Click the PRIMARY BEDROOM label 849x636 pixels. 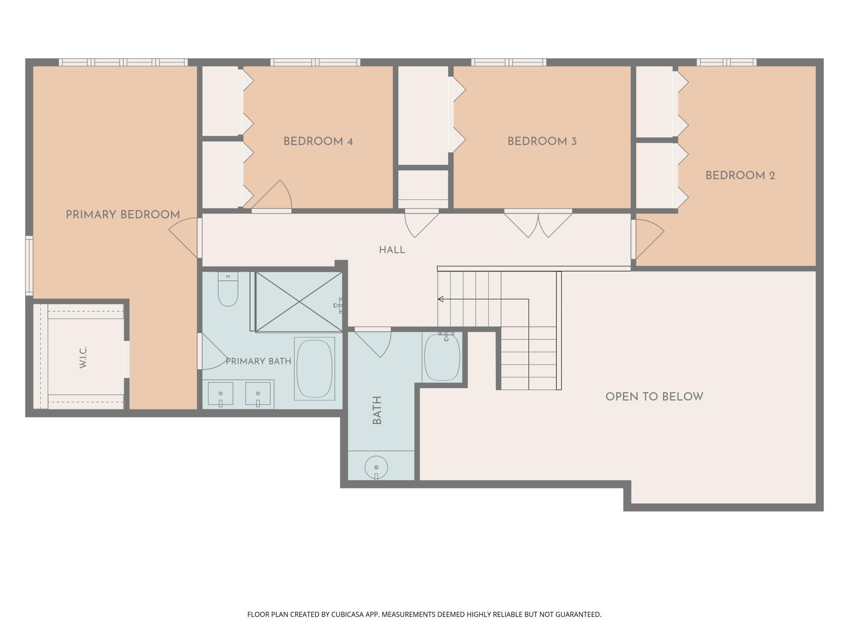coord(123,215)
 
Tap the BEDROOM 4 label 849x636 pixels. coord(318,141)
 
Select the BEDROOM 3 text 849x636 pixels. coord(542,141)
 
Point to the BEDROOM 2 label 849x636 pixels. coord(740,176)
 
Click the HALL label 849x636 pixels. coord(392,250)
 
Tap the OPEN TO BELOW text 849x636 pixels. coord(654,397)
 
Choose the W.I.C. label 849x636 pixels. coord(84,358)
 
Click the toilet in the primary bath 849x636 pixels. coord(228,289)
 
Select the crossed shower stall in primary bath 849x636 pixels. coord(299,302)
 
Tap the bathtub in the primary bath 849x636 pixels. coord(314,369)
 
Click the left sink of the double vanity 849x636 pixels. coord(220,394)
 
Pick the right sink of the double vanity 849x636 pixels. coord(258,394)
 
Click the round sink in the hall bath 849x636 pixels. coord(376,468)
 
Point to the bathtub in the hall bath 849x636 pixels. coord(442,357)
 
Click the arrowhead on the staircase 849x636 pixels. coord(440,299)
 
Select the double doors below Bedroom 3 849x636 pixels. coord(538,223)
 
